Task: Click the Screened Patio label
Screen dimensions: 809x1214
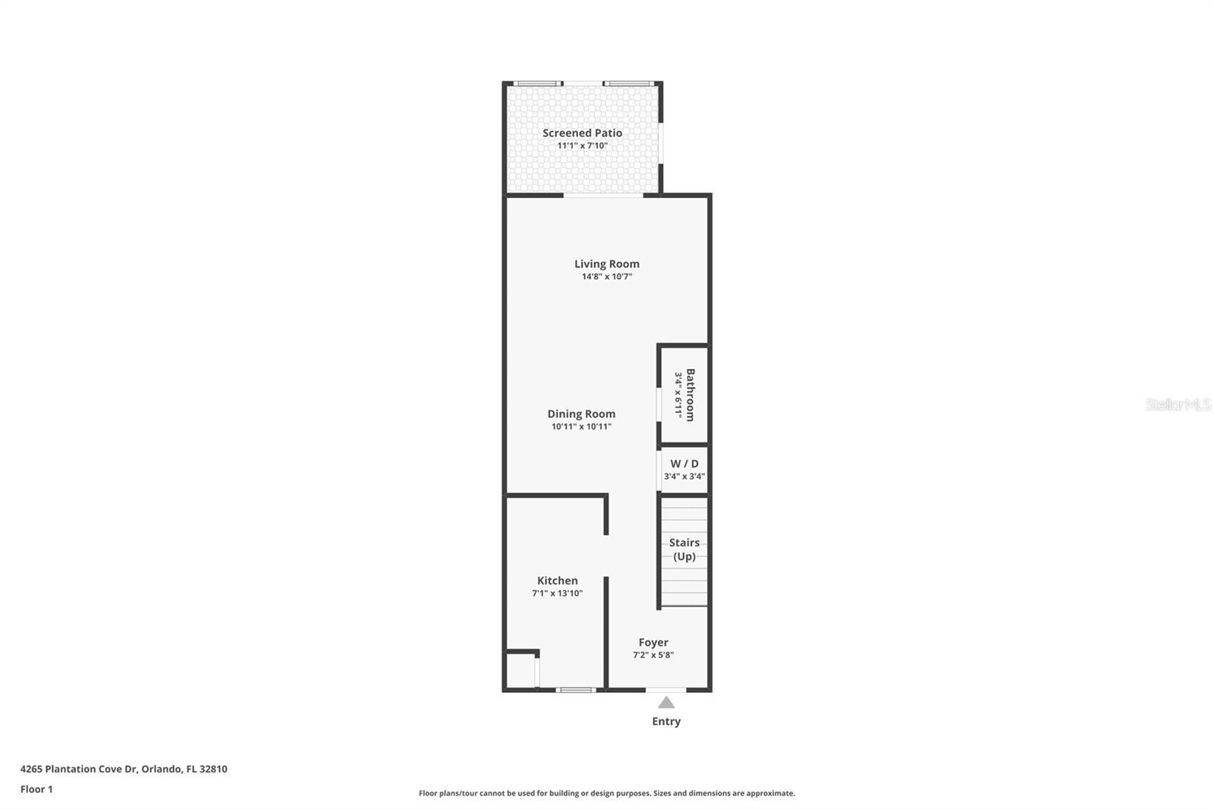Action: pos(582,133)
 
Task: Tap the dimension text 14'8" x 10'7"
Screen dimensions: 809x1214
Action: pos(606,277)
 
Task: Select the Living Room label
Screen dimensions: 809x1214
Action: pos(606,264)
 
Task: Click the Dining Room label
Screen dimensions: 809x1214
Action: pos(581,414)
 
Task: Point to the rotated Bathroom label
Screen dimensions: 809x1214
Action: pos(690,395)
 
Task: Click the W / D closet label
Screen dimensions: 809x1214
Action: pos(684,464)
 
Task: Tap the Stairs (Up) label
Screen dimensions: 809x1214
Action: pos(684,549)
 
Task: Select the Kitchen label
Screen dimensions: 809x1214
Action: pos(557,581)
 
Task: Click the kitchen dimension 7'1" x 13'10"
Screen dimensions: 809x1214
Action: pos(557,593)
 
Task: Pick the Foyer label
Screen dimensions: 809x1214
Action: pos(653,642)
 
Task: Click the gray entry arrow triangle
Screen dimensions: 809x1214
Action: pos(666,703)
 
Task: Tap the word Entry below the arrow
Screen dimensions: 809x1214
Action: pos(666,722)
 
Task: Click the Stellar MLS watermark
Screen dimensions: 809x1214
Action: pos(1178,404)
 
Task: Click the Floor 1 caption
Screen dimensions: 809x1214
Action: pos(36,789)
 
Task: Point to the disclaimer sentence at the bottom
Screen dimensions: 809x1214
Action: pos(607,793)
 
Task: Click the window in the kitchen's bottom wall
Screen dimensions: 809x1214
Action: pos(576,690)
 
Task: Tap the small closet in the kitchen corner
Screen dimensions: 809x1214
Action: pos(521,671)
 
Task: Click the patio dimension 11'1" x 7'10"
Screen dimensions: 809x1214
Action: pos(582,146)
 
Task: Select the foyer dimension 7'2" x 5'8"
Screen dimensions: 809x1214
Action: pos(653,655)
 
